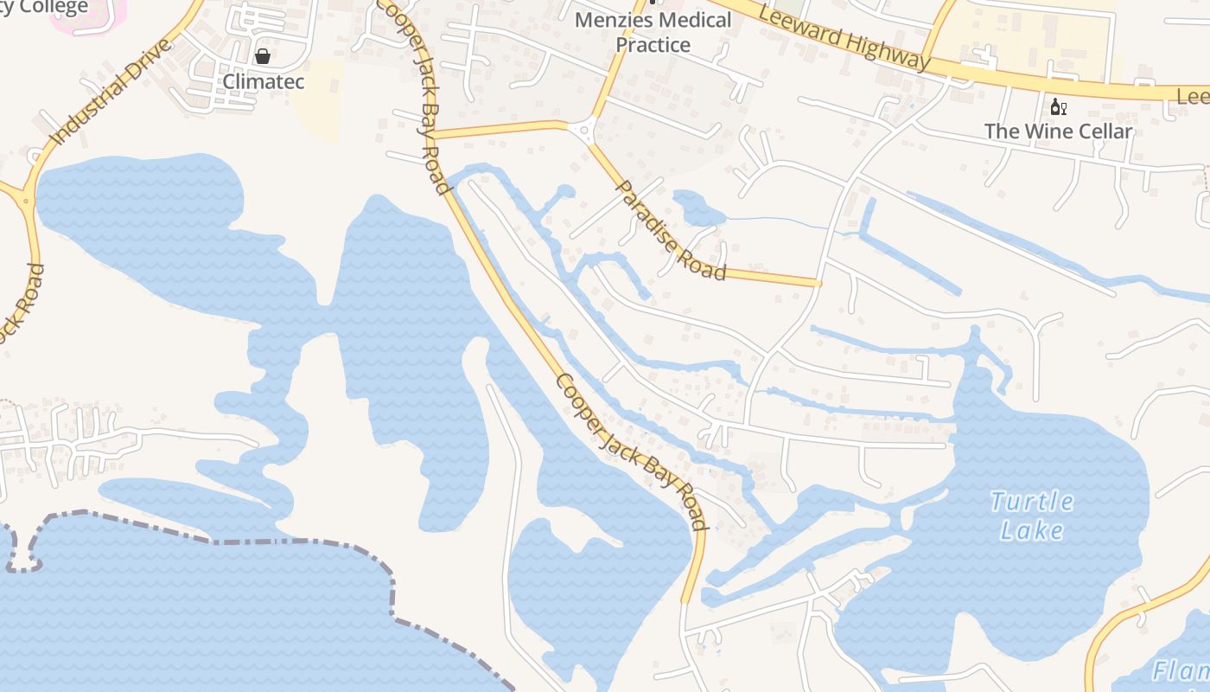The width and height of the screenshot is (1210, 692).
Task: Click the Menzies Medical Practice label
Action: [653, 32]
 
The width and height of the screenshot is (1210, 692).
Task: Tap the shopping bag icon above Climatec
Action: [263, 57]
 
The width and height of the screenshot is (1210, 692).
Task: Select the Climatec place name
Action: [264, 82]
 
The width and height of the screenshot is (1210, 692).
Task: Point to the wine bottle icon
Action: [1056, 107]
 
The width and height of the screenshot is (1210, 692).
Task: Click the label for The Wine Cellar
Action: [1058, 131]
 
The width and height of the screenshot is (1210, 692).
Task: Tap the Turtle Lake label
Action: [1032, 516]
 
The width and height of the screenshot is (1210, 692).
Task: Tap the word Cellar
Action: [1099, 131]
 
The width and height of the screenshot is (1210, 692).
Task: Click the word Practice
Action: [653, 45]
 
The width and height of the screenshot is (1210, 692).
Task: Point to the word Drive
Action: [144, 57]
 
